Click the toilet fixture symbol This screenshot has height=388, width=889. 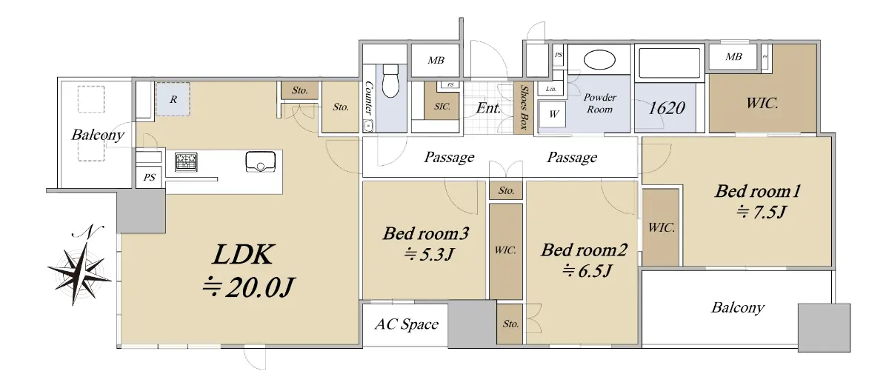(391, 81)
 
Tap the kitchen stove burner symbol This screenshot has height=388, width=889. (186, 162)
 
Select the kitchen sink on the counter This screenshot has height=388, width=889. (260, 162)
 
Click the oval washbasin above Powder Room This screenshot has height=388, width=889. (599, 60)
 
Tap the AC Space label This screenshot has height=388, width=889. (407, 324)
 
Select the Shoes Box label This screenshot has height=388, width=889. (524, 107)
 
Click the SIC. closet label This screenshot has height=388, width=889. (442, 107)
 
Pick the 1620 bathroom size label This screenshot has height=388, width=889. (666, 108)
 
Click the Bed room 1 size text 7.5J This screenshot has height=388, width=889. (762, 213)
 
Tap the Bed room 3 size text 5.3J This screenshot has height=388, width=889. (429, 254)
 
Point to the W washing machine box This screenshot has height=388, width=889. (553, 113)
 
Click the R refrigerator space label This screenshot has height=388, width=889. (173, 99)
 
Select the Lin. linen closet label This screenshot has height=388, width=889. (550, 89)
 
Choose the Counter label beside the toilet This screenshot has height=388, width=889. (369, 98)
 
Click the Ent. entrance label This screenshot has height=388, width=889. (488, 107)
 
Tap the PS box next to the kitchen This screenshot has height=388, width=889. (149, 177)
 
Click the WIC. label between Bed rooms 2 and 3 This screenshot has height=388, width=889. (505, 250)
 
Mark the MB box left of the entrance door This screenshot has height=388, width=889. (436, 60)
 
